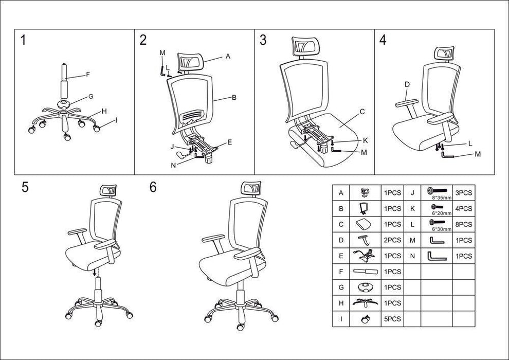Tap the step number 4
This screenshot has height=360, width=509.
click(x=383, y=40)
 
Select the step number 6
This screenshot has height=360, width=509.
click(x=153, y=187)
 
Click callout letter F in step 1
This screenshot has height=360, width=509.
click(x=88, y=75)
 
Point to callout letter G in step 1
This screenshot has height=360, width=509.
click(x=90, y=96)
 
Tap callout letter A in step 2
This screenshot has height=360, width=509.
click(x=227, y=58)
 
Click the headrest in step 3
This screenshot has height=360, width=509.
click(x=304, y=48)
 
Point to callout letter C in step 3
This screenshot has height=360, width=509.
click(x=362, y=111)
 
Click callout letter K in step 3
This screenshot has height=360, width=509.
click(x=365, y=140)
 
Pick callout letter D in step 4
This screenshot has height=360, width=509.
click(x=407, y=84)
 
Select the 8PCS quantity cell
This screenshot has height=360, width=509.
click(x=463, y=224)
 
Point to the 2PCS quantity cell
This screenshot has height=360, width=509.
click(x=393, y=240)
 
